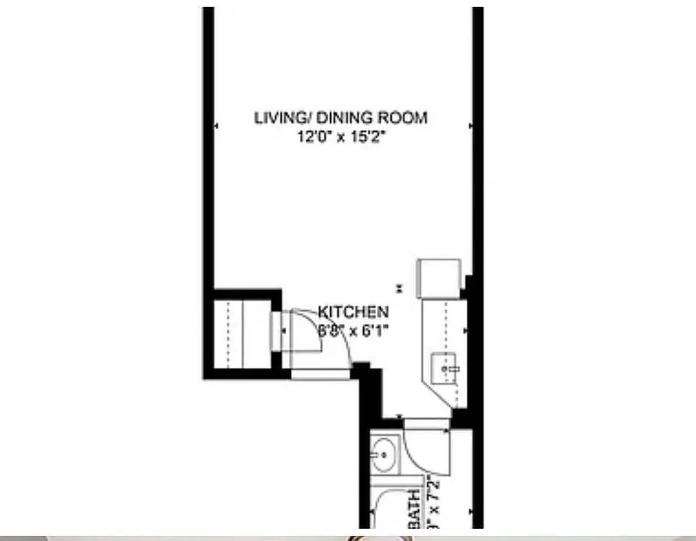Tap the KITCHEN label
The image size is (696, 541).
(x=354, y=312)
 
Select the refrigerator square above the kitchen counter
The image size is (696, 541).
(x=439, y=277)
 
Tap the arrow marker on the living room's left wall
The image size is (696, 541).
(x=216, y=126)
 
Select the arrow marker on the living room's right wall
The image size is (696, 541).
(x=469, y=126)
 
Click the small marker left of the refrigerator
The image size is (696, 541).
(x=400, y=287)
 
